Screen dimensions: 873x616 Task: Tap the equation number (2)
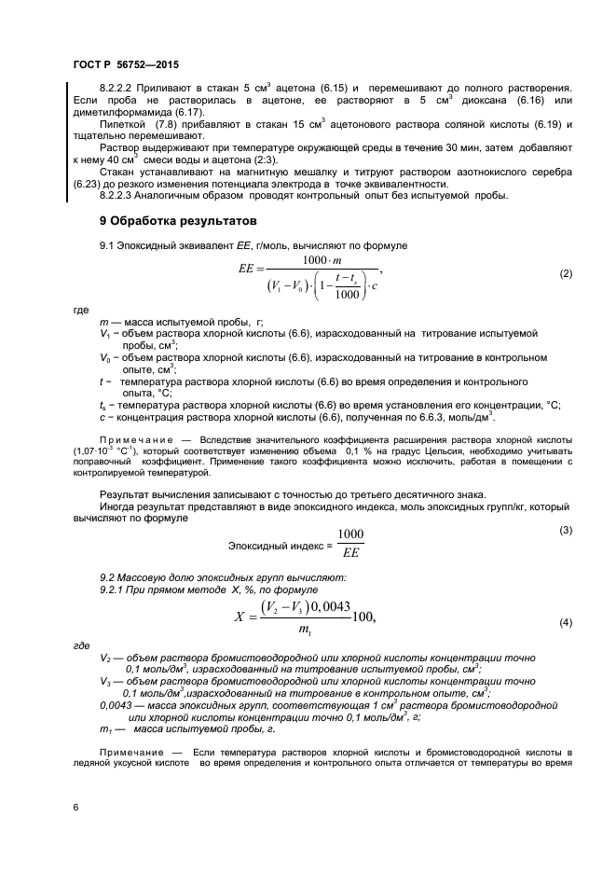tap(565, 274)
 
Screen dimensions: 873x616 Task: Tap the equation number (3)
tap(565, 531)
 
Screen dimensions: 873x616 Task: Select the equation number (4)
tap(565, 623)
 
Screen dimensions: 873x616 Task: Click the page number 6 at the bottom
tap(75, 808)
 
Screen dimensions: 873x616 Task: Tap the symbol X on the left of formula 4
tap(241, 617)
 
